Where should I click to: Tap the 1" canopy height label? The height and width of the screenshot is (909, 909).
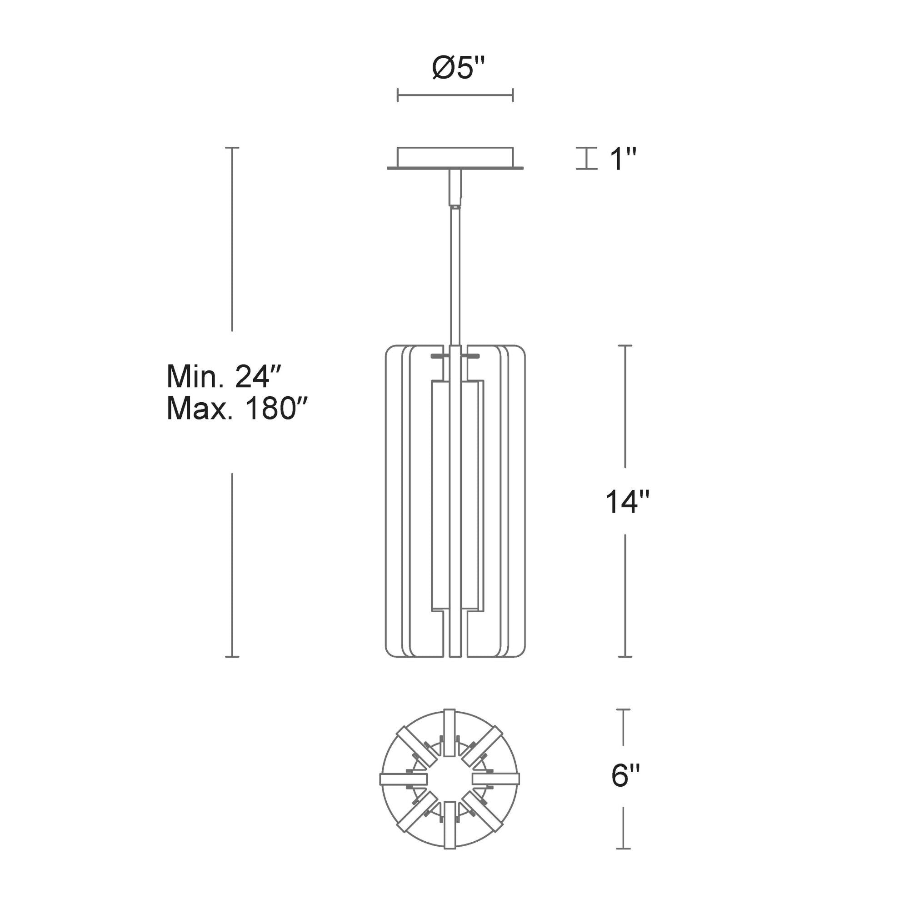623,159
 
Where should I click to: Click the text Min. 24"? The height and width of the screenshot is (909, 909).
224,376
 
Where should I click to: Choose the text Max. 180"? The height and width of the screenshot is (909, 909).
237,408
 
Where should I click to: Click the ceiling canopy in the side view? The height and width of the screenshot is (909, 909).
455,158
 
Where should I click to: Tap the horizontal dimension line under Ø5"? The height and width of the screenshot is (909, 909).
455,95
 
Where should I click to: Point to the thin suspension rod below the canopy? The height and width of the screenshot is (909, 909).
455,278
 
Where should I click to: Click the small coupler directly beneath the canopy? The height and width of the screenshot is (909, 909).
455,188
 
